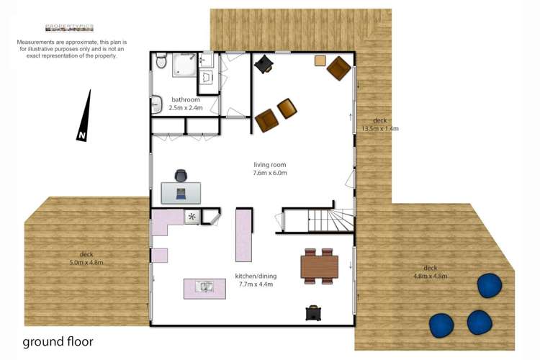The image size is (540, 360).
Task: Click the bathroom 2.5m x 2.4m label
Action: pyautogui.click(x=185, y=104)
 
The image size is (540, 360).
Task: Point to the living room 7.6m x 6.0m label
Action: pyautogui.click(x=269, y=169)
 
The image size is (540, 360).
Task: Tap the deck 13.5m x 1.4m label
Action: pyautogui.click(x=379, y=125)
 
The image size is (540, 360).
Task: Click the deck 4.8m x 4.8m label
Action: pyautogui.click(x=430, y=272)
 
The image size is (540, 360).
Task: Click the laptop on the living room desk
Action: pyautogui.click(x=181, y=192)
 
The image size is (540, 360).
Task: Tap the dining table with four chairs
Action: pyautogui.click(x=319, y=266)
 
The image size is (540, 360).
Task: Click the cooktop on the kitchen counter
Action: pyautogui.click(x=192, y=216)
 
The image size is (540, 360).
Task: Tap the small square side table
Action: pyautogui.click(x=320, y=60)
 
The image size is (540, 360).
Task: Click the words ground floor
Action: pyautogui.click(x=58, y=341)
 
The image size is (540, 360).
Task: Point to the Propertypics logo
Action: pyautogui.click(x=69, y=28)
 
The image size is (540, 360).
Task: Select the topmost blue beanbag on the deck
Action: pyautogui.click(x=491, y=285)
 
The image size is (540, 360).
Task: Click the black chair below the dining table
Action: pyautogui.click(x=313, y=312)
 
